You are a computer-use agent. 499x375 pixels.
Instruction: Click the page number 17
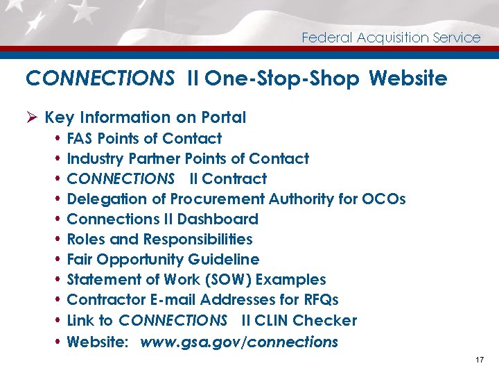(x=480, y=360)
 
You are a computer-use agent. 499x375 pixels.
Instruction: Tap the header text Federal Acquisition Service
(x=391, y=38)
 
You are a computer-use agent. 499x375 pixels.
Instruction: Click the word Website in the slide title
(x=408, y=78)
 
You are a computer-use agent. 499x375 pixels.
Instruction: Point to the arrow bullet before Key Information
(x=31, y=117)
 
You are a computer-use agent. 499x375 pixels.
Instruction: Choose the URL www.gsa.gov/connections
(x=239, y=342)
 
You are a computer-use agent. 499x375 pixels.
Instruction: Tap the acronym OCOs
(x=383, y=199)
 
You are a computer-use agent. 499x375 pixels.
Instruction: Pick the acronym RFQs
(x=318, y=300)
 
